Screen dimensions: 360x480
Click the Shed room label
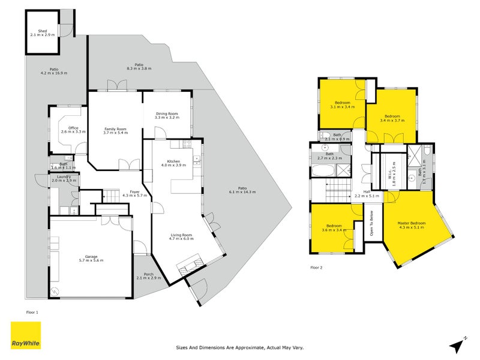pos(42,31)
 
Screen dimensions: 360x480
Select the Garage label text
pos(91,256)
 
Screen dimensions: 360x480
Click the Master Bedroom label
pos(411,224)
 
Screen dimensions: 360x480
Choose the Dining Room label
pos(167,113)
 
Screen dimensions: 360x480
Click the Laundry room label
pos(64,176)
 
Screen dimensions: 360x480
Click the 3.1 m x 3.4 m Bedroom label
pos(343,103)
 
